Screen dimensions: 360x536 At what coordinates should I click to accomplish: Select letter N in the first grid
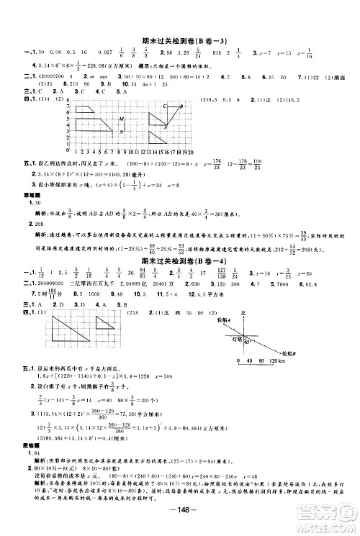[x=122, y=132]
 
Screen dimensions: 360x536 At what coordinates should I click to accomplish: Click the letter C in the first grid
[x=165, y=105]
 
